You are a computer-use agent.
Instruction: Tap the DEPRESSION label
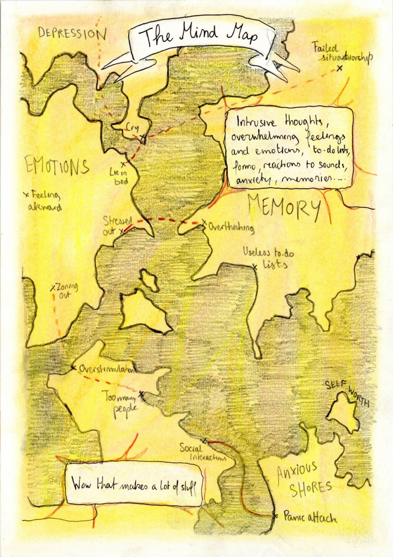click(x=72, y=33)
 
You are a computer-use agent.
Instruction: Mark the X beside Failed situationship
click(x=340, y=68)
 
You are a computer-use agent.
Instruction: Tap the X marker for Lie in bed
click(x=123, y=164)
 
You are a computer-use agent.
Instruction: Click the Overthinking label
click(x=231, y=227)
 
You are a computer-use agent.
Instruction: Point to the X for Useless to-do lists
click(x=255, y=267)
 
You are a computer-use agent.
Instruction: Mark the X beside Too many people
click(x=141, y=393)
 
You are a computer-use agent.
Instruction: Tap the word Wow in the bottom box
click(x=82, y=484)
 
